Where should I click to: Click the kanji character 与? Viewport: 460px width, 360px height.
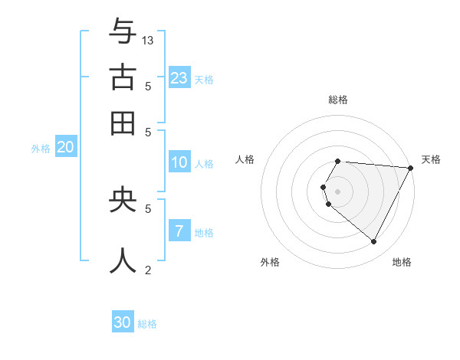point(122,31)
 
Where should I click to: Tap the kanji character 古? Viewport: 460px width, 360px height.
point(122,77)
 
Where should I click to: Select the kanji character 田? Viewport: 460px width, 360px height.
point(122,123)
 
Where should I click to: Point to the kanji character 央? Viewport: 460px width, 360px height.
point(122,199)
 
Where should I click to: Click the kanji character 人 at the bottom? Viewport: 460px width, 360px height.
point(122,260)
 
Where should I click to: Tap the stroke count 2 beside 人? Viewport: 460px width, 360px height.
point(148,270)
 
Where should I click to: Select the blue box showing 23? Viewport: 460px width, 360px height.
point(179,77)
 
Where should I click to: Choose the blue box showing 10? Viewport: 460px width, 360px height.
point(179,162)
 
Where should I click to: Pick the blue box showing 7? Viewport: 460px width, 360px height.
point(179,231)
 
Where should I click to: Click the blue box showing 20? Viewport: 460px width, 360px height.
point(65,148)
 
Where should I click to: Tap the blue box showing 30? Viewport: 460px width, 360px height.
point(123,322)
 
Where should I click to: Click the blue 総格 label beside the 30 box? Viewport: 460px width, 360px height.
point(147,324)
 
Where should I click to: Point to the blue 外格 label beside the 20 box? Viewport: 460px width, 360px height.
point(41,149)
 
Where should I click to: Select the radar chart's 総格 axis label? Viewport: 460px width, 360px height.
point(337,100)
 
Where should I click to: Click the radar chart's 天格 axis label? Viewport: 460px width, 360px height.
point(431,159)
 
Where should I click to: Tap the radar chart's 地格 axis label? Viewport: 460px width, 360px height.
point(402,262)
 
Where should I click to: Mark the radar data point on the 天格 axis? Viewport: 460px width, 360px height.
point(410,168)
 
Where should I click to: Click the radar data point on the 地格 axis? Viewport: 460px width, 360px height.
point(374,242)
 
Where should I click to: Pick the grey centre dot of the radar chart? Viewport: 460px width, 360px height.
point(337,191)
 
